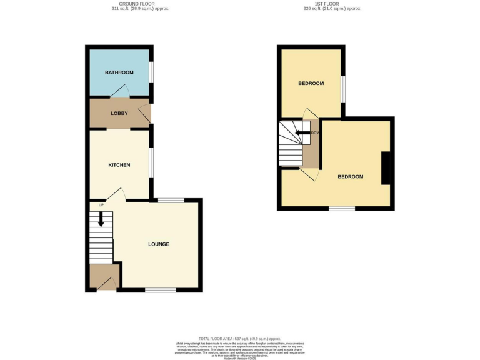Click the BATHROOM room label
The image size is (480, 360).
coord(119,72)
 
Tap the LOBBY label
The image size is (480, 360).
coord(119,113)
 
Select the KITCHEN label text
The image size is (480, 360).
coord(119,165)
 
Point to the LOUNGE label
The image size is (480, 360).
coord(159,244)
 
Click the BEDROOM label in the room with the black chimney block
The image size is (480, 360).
coord(350,176)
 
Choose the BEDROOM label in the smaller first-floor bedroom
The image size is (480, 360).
coord(311,83)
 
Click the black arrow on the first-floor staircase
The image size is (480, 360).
coord(302,132)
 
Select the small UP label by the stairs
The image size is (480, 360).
coord(100,204)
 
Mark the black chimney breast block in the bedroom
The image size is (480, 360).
coord(386,168)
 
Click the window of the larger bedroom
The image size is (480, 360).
coord(341,209)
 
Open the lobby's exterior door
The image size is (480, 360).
coord(145,114)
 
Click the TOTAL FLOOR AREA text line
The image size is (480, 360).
coord(239,338)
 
